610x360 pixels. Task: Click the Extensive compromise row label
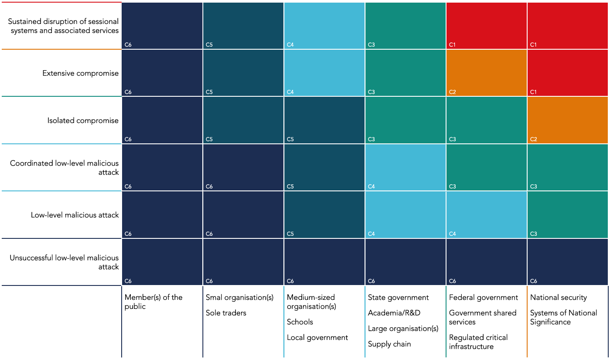[80, 73]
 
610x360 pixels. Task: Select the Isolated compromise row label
[83, 120]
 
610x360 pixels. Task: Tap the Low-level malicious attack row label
[75, 215]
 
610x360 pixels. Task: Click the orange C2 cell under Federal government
[486, 73]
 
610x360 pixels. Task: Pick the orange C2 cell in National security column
[567, 120]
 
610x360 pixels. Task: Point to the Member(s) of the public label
[153, 302]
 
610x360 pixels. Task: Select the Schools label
[300, 322]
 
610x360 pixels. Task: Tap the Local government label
[317, 337]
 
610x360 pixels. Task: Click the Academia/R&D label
[394, 313]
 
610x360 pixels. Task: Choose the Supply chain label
[389, 344]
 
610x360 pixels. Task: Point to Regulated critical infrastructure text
[478, 342]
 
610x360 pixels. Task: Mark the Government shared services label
[482, 317]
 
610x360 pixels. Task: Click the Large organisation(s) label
[403, 329]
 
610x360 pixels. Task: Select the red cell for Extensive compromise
[567, 73]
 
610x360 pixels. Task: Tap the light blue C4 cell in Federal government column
[486, 214]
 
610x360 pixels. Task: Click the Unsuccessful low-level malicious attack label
[64, 262]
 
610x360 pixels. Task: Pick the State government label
[398, 297]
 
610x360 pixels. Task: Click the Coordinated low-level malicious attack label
[64, 168]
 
